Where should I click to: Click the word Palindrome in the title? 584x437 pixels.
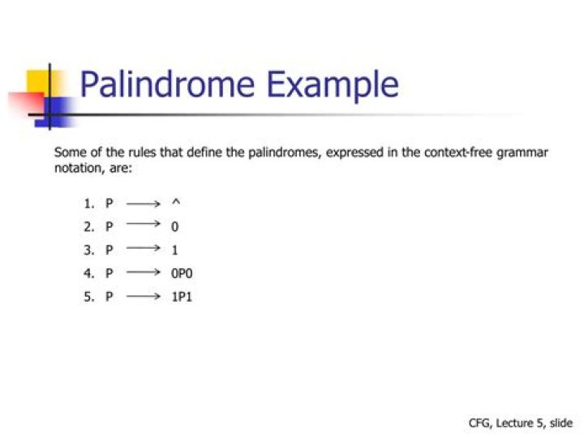(x=168, y=84)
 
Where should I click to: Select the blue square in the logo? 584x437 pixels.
(x=55, y=112)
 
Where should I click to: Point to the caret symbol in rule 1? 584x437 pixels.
(x=176, y=202)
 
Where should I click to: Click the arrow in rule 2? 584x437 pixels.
(x=144, y=224)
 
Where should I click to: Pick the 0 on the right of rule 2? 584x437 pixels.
(x=174, y=226)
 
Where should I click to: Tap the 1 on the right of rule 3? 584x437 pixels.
(x=174, y=250)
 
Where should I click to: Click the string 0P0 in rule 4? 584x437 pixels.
(x=182, y=273)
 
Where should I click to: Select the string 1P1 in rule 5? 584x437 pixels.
(x=182, y=297)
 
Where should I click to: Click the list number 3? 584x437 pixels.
(x=88, y=250)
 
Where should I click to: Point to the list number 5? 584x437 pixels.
(x=88, y=297)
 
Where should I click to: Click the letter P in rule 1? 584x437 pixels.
(x=109, y=204)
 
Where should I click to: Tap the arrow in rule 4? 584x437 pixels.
(x=144, y=272)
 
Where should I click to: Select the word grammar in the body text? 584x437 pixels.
(x=522, y=153)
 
